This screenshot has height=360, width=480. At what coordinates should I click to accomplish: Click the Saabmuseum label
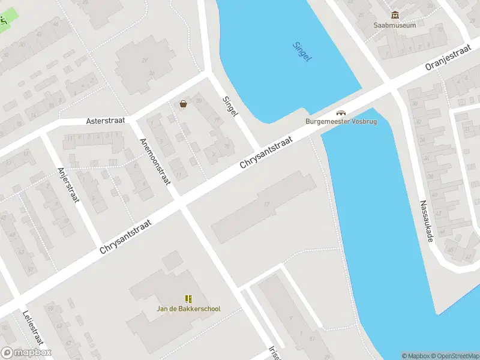coord(394,25)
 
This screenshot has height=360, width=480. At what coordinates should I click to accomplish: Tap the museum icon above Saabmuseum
coord(395,15)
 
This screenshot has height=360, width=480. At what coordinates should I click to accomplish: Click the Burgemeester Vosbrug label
coord(340,121)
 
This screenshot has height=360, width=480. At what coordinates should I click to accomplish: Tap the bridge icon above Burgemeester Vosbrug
coord(341,112)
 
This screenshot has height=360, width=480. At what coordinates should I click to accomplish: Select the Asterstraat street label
coord(106,121)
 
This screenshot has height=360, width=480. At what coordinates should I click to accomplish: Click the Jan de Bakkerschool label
coord(189,309)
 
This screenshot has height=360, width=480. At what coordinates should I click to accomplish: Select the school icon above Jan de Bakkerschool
coord(189,299)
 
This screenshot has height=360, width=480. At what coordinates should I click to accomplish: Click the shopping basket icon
coord(183,104)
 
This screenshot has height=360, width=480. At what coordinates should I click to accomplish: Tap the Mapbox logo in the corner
coord(26,353)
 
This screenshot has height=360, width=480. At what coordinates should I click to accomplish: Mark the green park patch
coord(4,23)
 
